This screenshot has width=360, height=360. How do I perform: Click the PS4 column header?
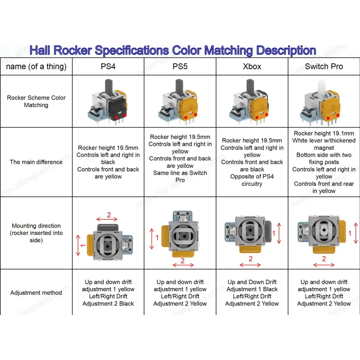click(x=108, y=67)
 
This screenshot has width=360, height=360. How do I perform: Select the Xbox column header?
click(x=252, y=67)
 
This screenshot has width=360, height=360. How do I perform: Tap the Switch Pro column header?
click(x=324, y=67)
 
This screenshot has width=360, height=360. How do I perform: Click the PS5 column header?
click(x=180, y=67)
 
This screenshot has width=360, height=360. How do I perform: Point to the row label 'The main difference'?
click(x=36, y=162)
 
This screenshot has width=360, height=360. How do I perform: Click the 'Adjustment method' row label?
click(x=36, y=293)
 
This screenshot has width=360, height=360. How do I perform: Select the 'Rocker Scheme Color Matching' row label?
click(x=36, y=101)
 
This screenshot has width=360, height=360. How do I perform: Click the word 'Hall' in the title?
click(x=40, y=50)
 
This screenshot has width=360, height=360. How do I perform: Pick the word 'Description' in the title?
click(x=286, y=51)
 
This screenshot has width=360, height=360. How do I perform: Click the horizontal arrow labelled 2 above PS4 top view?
click(x=107, y=219)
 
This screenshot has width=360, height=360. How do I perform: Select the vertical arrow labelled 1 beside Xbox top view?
click(x=279, y=233)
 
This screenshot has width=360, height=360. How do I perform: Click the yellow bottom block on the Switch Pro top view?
click(x=324, y=249)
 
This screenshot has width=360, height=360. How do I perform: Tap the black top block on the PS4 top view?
click(x=108, y=228)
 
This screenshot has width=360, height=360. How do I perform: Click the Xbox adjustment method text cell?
click(x=252, y=293)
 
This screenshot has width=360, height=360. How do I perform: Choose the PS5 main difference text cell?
click(x=180, y=158)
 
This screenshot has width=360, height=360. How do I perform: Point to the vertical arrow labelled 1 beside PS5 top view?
click(x=152, y=239)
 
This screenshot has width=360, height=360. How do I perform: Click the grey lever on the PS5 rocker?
click(x=179, y=86)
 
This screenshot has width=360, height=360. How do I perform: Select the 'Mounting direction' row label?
click(x=36, y=233)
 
